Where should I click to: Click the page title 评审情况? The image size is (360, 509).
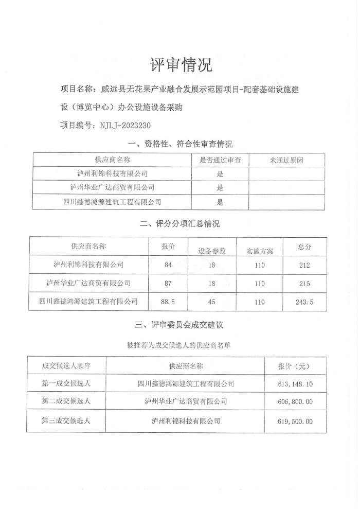tap(180, 65)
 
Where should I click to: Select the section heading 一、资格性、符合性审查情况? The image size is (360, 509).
tap(179, 144)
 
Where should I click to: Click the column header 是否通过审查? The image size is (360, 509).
tap(220, 160)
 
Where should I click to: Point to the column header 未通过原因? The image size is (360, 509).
tap(286, 160)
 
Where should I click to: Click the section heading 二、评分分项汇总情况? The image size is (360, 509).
tap(179, 224)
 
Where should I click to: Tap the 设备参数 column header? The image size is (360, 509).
tap(212, 251)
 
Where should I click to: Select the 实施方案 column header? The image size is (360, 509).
tap(259, 251)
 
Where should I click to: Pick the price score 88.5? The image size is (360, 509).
tap(168, 302)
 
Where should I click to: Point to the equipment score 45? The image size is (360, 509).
tap(212, 302)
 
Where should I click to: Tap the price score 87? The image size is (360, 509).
tap(168, 283)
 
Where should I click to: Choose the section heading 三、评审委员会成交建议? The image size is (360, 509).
tap(179, 325)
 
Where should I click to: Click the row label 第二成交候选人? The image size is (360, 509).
tap(66, 401)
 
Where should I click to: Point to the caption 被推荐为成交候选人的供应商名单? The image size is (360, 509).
tap(179, 345)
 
